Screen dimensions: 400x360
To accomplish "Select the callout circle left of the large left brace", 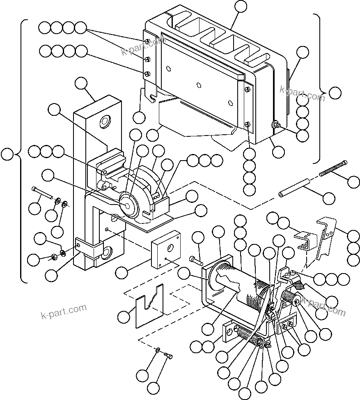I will [x=7, y=155].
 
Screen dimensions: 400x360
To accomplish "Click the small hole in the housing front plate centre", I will [x=199, y=85].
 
